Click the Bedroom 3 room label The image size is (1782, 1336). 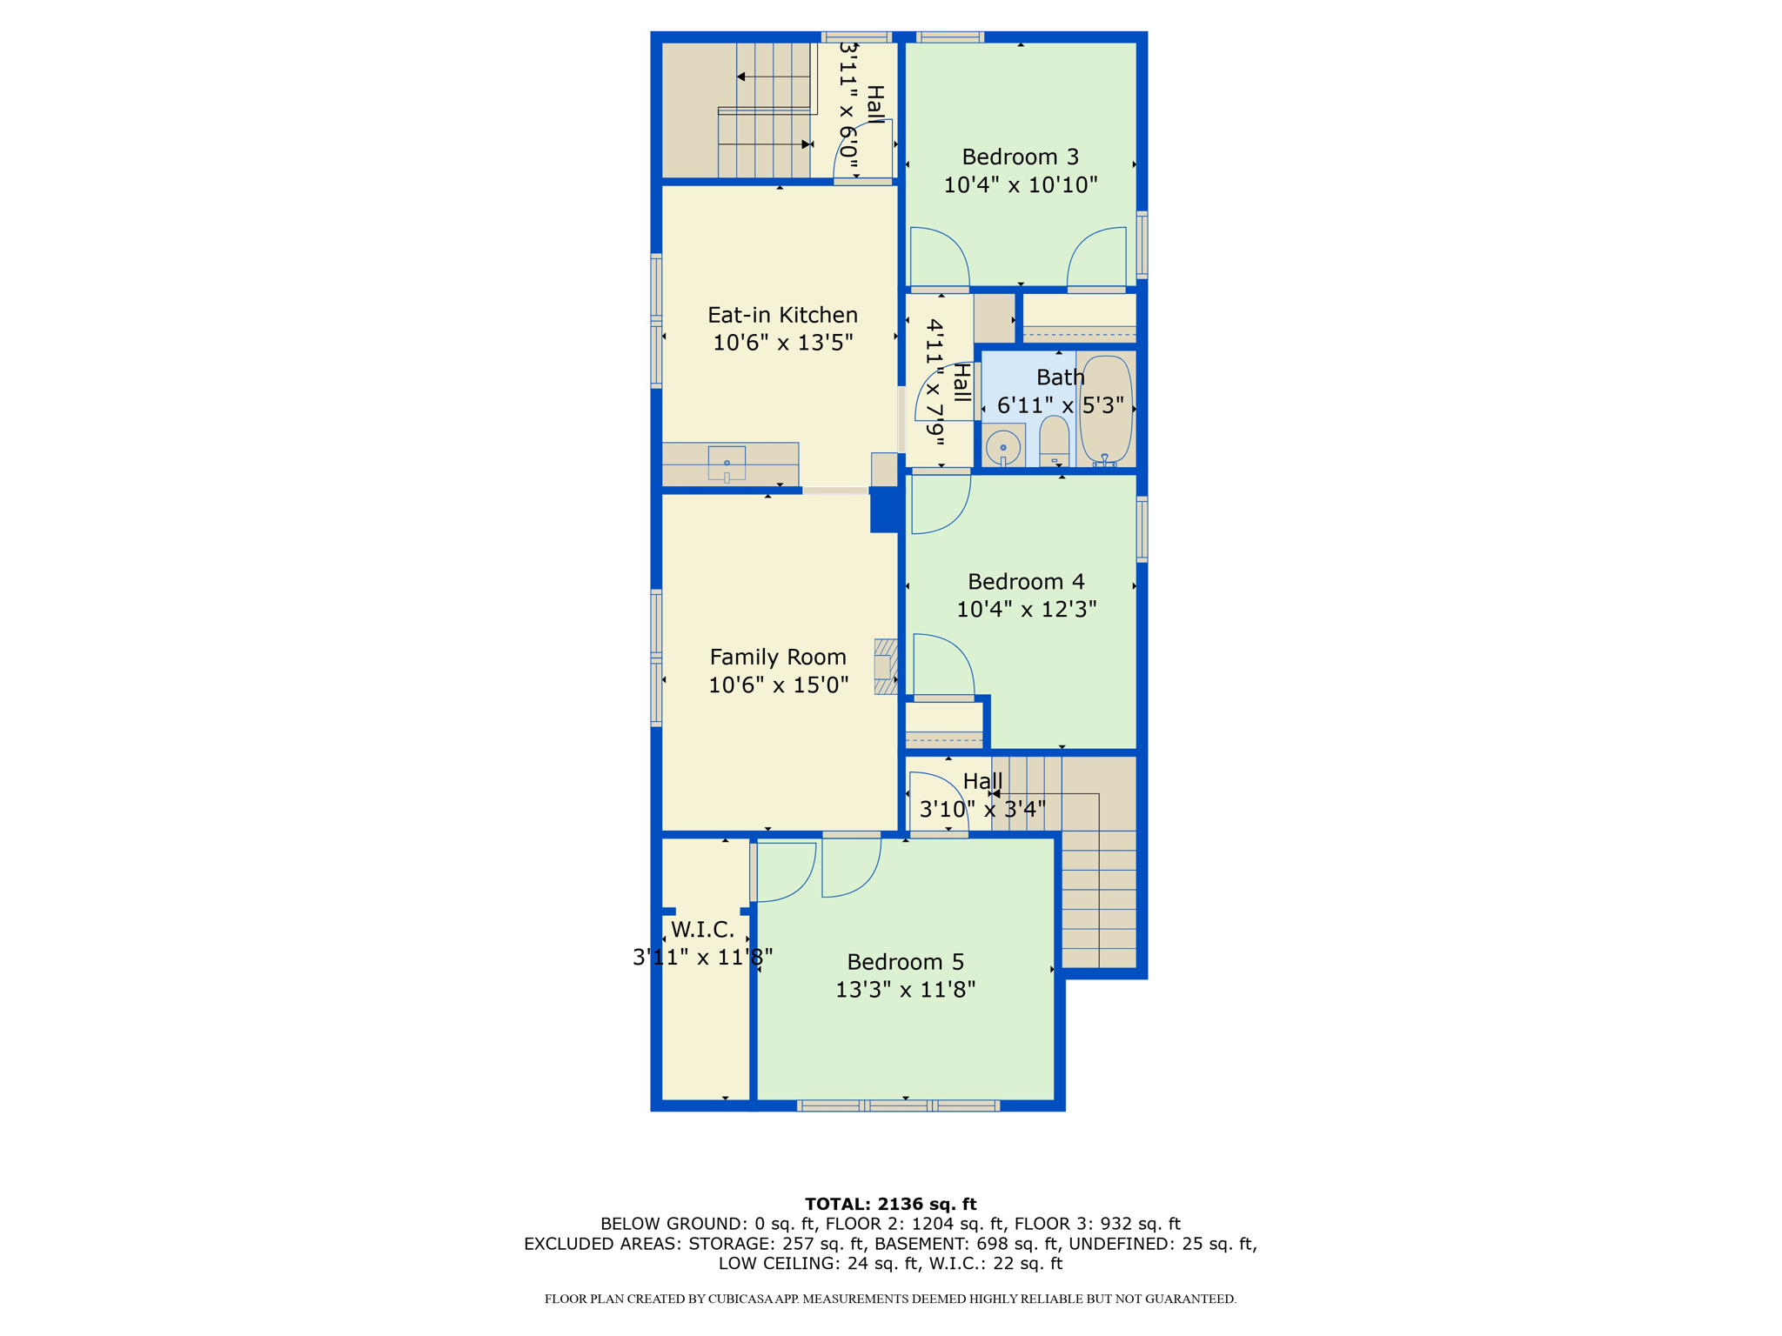click(x=1020, y=157)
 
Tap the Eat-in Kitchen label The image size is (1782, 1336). click(x=782, y=315)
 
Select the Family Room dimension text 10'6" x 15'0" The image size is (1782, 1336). click(x=778, y=685)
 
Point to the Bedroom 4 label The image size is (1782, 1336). click(x=1026, y=582)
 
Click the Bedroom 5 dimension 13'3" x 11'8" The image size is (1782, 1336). click(x=905, y=990)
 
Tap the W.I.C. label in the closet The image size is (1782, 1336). click(x=702, y=930)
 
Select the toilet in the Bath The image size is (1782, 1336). click(x=1054, y=442)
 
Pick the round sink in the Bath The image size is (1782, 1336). click(x=1003, y=447)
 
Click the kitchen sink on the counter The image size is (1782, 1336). click(x=727, y=463)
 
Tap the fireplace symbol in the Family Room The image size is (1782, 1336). click(x=886, y=667)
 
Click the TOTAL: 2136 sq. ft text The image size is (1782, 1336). click(x=890, y=1204)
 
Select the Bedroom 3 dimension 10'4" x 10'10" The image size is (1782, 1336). click(x=1020, y=185)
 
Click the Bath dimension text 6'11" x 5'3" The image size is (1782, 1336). click(x=1060, y=406)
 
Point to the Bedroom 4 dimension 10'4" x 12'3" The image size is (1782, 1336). click(x=1026, y=610)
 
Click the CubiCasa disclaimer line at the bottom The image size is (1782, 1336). click(x=890, y=1299)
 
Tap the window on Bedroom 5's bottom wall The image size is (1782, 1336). click(x=898, y=1106)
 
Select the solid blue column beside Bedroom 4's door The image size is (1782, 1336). click(x=884, y=510)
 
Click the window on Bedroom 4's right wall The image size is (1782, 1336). click(x=1142, y=529)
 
